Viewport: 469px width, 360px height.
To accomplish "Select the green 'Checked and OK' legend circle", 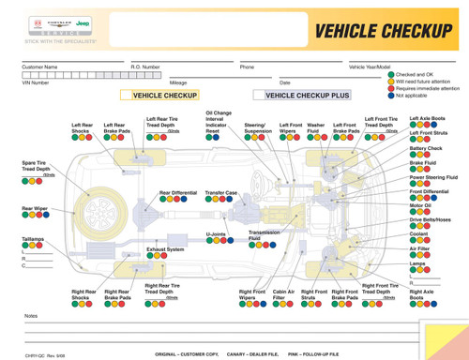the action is coord(391,74).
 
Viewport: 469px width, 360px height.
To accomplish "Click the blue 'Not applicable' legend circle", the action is coord(391,95).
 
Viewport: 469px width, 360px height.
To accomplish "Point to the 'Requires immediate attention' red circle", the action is coord(391,88).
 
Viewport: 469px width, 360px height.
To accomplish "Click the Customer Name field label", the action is coord(39,67).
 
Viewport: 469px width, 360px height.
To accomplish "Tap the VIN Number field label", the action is coord(35,82).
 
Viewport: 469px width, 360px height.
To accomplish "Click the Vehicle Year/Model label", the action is coord(370,67).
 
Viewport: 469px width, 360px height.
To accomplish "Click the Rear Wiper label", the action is coord(35,208).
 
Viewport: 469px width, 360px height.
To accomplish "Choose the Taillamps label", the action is coord(33,239).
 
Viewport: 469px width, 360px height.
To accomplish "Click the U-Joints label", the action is coord(216,234).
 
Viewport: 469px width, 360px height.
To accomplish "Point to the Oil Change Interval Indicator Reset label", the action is coord(219,122).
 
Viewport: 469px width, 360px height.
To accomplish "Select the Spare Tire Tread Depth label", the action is coord(36,166).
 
